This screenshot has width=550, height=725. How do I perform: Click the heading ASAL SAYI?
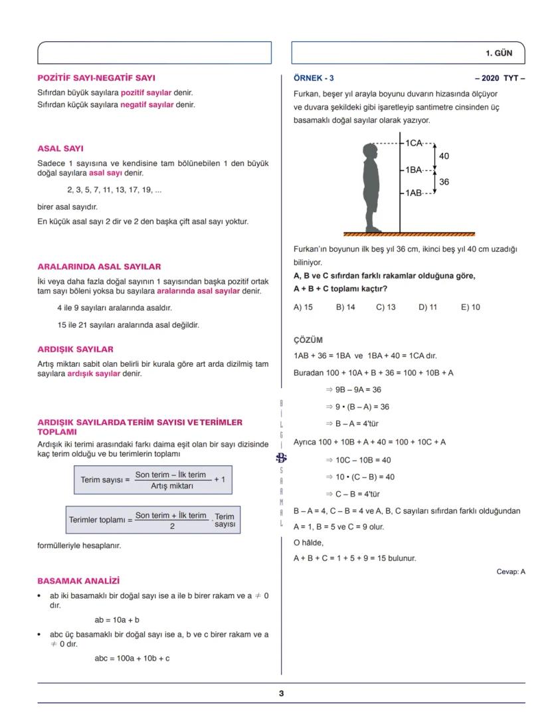tap(60, 148)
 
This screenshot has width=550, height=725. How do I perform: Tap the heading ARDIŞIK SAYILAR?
tap(75, 349)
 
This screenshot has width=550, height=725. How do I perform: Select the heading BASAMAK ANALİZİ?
tap(78, 580)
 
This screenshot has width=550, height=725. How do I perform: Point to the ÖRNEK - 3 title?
tap(314, 78)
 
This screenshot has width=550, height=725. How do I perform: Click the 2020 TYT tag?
tap(500, 78)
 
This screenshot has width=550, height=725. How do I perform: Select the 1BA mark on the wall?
tap(414, 170)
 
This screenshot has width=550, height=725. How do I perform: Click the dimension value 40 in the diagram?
tap(444, 156)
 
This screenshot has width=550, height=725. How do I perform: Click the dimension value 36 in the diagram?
tap(444, 181)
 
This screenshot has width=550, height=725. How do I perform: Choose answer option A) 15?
tap(303, 307)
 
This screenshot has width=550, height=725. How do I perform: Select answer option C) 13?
tap(385, 307)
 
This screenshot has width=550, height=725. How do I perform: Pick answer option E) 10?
tap(470, 307)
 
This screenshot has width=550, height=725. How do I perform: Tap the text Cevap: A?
tap(510, 571)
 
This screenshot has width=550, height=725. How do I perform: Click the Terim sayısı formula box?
tap(153, 479)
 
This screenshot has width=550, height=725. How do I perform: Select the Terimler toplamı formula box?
tap(153, 520)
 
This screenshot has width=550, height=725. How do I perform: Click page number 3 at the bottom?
tap(281, 693)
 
